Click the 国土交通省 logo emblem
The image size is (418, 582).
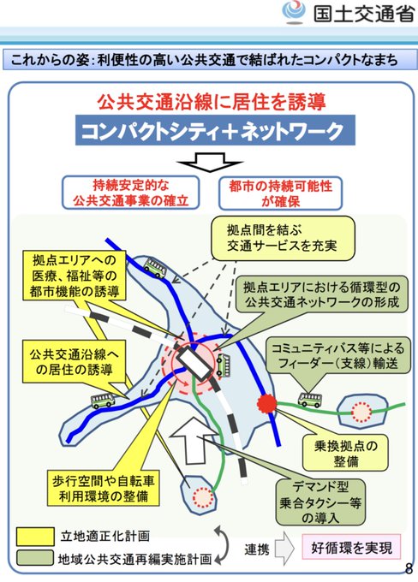click(294, 12)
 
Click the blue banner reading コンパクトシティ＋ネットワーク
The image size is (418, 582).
click(215, 130)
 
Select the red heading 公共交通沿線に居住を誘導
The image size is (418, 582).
click(212, 102)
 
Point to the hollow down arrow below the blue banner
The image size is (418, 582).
click(211, 162)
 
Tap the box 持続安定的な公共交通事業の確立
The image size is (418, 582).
click(130, 193)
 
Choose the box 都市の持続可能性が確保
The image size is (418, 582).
click(281, 193)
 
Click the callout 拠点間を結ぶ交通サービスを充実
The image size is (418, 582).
click(284, 238)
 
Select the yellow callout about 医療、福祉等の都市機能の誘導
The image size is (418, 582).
click(75, 276)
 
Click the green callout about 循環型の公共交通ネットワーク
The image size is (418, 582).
click(322, 294)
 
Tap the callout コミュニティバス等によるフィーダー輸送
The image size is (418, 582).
click(338, 355)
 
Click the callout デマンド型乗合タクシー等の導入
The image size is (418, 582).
click(320, 502)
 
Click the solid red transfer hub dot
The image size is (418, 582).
click(266, 402)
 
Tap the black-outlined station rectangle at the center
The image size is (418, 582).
click(194, 364)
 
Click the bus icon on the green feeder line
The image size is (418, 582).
click(310, 401)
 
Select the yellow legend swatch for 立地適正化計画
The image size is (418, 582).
click(36, 537)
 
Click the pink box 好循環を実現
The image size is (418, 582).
click(351, 547)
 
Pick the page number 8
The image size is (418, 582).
click(409, 568)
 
